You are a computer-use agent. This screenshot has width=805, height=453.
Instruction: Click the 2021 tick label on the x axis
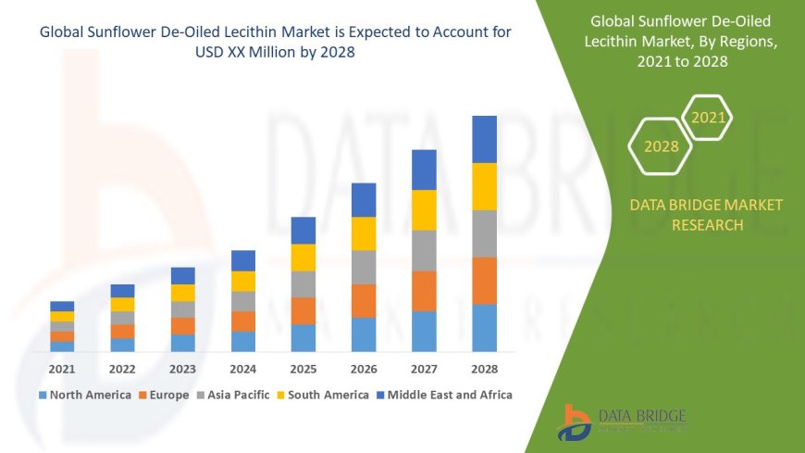pyautogui.click(x=62, y=369)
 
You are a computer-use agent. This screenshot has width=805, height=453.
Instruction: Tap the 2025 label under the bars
pyautogui.click(x=303, y=369)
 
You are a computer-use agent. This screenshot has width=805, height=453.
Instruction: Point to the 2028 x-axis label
pyautogui.click(x=484, y=369)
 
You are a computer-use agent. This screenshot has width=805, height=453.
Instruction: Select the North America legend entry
pyautogui.click(x=84, y=395)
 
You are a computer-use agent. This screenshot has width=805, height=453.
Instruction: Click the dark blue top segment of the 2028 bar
pyautogui.click(x=484, y=139)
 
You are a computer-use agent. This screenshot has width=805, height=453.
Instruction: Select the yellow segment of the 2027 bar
pyautogui.click(x=424, y=209)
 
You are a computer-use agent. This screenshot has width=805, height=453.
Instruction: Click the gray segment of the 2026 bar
pyautogui.click(x=364, y=267)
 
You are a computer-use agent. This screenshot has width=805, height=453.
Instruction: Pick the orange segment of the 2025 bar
pyautogui.click(x=303, y=310)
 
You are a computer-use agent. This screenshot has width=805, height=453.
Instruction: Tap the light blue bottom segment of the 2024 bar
pyautogui.click(x=243, y=341)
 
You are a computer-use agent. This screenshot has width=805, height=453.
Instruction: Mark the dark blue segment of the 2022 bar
pyautogui.click(x=122, y=291)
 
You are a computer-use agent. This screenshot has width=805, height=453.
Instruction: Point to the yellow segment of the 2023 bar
pyautogui.click(x=183, y=293)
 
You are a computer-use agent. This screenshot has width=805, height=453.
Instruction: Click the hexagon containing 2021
pyautogui.click(x=708, y=119)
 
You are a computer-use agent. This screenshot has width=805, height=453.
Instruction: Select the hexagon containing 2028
pyautogui.click(x=661, y=146)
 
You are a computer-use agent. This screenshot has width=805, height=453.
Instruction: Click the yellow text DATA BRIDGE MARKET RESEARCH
pyautogui.click(x=706, y=215)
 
